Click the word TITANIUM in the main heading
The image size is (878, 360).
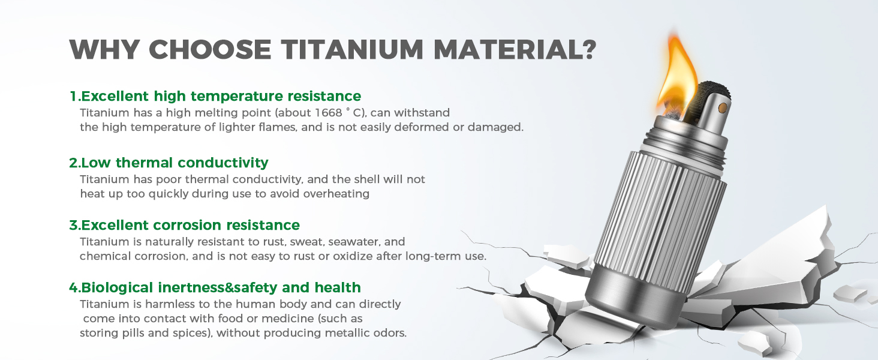[x=351, y=50]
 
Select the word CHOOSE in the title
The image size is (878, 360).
[x=210, y=50]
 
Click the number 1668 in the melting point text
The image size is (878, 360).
[x=329, y=113]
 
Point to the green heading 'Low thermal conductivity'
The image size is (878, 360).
[x=169, y=163]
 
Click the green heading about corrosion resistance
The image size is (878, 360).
[x=185, y=225]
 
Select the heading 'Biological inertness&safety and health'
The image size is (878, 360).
[x=215, y=287]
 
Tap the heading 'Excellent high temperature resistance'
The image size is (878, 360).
[x=215, y=97]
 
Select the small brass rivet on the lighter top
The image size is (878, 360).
[x=722, y=108]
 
